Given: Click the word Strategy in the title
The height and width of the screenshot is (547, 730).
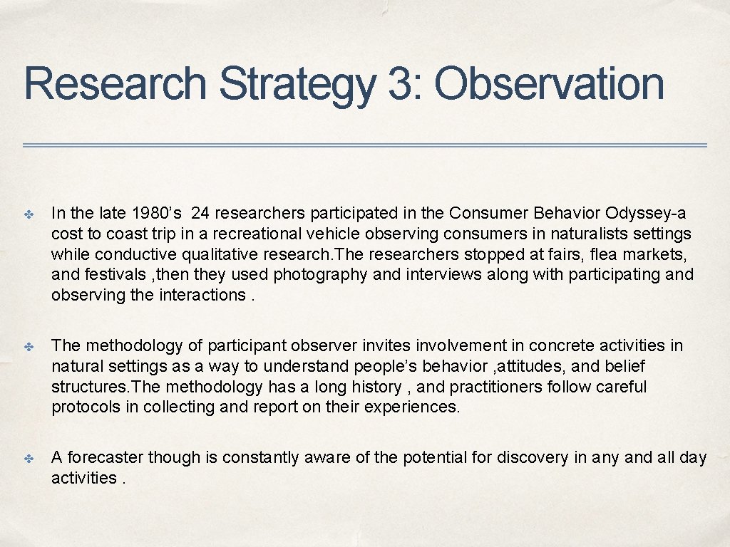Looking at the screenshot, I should [297, 85].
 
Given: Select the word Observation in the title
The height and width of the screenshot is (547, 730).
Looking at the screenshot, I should [550, 83].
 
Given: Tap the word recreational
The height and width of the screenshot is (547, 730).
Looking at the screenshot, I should [257, 234].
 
